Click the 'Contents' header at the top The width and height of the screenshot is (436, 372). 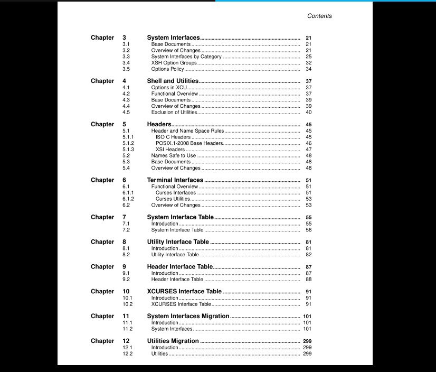319,16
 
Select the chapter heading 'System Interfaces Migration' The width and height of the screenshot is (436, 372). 188,316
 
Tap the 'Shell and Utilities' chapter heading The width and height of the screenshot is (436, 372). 173,81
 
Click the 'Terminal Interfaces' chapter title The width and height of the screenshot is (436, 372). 175,180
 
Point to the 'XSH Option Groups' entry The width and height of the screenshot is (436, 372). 174,63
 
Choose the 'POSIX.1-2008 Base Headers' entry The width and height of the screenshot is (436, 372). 189,143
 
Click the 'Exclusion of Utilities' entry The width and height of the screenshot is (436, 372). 174,112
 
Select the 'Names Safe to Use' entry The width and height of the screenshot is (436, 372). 173,156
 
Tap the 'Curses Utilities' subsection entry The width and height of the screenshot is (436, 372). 176,199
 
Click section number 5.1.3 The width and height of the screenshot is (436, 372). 128,150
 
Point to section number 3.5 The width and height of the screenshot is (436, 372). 126,69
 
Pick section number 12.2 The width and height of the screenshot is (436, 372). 128,354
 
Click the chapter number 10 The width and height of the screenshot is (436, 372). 126,291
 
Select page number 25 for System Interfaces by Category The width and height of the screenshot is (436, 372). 308,57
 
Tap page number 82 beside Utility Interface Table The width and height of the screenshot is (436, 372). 308,255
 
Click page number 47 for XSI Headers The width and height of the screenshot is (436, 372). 308,150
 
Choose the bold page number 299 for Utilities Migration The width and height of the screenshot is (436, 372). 307,341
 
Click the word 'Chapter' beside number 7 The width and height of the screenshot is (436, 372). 102,217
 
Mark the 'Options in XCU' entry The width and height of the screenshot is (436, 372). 169,88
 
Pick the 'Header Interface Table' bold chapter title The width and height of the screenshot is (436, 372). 179,267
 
